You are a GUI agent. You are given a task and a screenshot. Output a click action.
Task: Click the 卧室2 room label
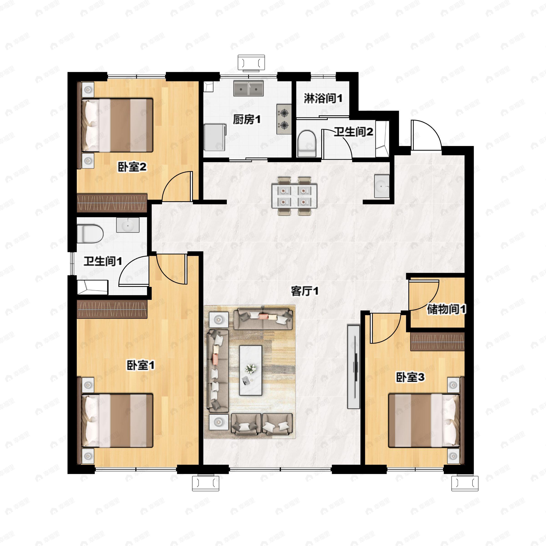click(x=132, y=167)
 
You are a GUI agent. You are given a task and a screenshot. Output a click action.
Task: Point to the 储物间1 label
click(x=446, y=309)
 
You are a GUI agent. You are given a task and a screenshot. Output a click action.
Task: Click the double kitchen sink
click(x=248, y=88)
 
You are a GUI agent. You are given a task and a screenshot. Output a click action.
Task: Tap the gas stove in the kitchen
click(x=284, y=119)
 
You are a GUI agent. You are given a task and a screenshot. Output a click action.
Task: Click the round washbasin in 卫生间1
click(x=128, y=225)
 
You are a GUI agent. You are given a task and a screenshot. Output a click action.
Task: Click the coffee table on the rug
click(x=250, y=370)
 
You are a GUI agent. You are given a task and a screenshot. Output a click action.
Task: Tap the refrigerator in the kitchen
click(x=215, y=137)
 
